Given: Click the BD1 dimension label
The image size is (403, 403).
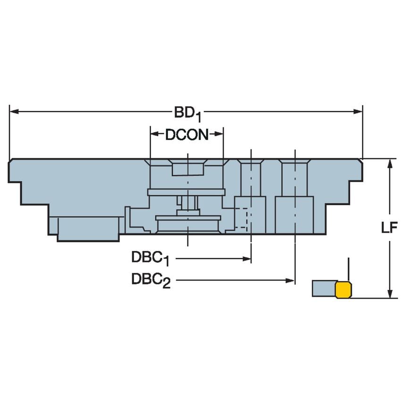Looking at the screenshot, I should (x=187, y=113).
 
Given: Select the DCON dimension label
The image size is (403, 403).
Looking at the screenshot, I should (x=186, y=135).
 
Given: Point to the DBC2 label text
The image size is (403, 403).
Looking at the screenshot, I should (x=150, y=281).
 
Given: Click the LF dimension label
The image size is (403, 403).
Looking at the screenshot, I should (x=390, y=228).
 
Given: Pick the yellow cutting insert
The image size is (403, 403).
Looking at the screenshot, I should (x=344, y=289).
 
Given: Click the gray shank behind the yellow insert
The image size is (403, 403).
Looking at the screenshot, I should (x=324, y=288).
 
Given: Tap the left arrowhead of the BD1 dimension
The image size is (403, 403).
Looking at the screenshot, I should (x=14, y=112).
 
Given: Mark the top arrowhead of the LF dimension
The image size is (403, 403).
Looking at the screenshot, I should (x=390, y=164).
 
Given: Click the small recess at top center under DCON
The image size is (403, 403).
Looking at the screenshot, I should (x=188, y=168).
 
